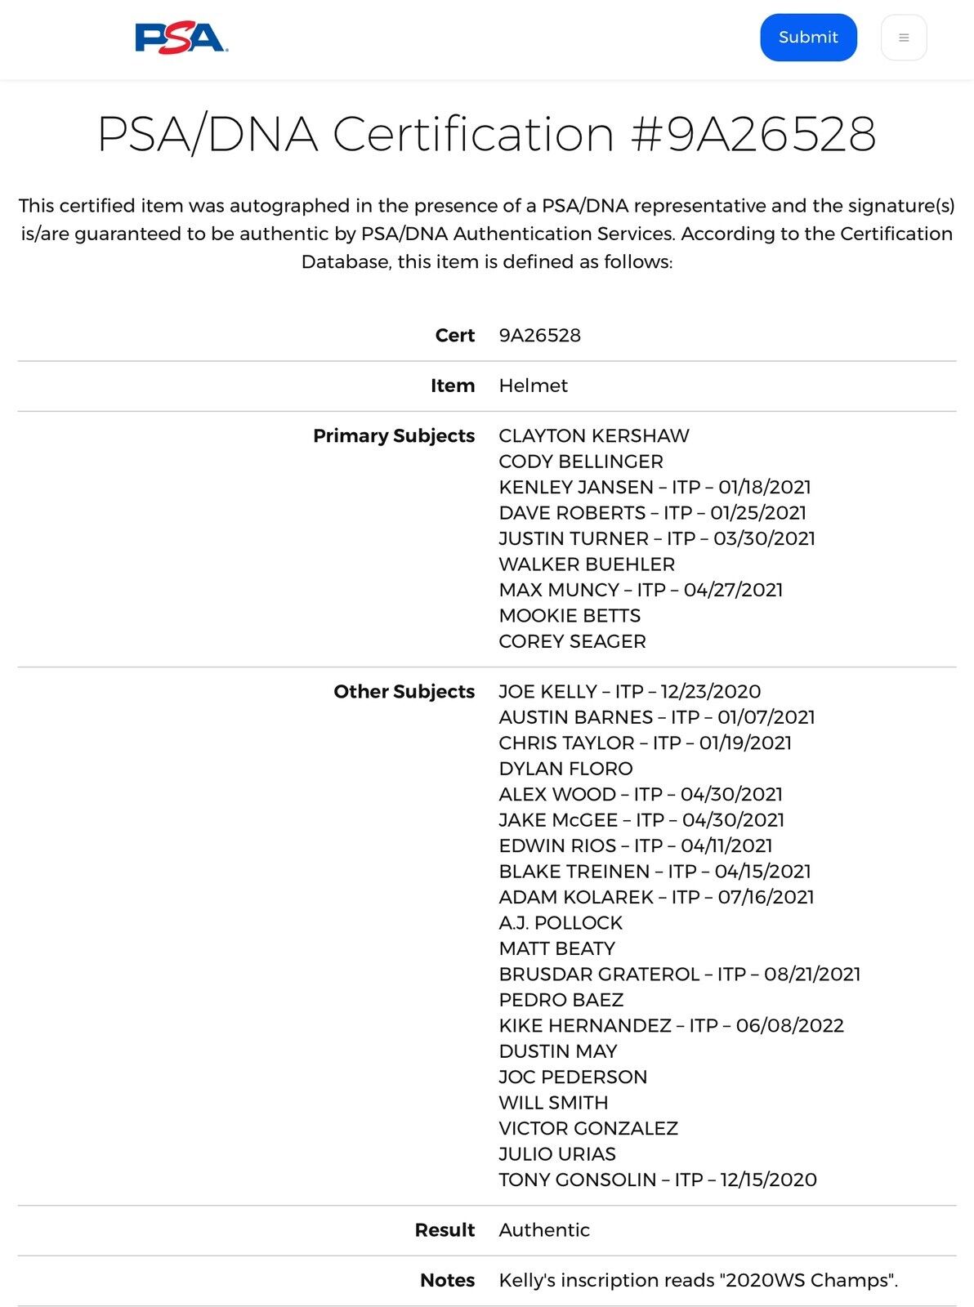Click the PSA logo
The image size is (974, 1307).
click(181, 38)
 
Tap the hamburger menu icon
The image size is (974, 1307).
click(903, 38)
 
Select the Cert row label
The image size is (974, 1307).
click(454, 336)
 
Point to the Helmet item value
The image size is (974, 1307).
click(533, 386)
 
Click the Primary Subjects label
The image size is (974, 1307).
click(393, 436)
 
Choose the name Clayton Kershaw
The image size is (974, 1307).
click(594, 436)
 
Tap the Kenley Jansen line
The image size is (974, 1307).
click(655, 488)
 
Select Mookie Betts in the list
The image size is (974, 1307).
click(570, 616)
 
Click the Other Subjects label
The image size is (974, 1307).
click(404, 692)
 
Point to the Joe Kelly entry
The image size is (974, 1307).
click(629, 692)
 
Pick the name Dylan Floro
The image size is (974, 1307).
click(565, 769)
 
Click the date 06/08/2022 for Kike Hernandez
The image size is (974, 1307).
click(789, 1026)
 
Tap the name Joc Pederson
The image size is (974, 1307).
click(573, 1077)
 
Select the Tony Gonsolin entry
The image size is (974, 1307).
click(658, 1180)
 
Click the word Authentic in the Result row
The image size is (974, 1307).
click(544, 1230)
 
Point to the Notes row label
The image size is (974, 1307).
click(447, 1281)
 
